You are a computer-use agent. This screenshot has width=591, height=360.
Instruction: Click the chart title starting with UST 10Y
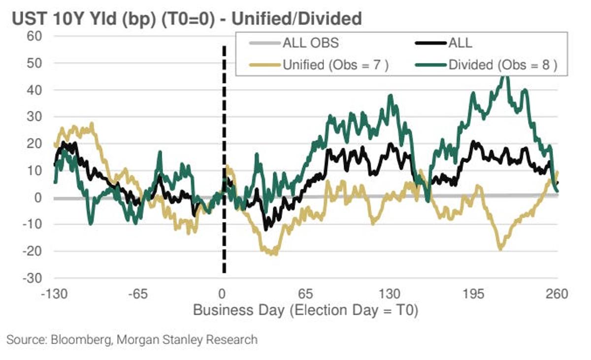187,19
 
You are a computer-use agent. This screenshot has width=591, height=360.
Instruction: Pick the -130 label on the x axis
54,295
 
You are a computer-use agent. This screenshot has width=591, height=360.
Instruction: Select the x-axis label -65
137,295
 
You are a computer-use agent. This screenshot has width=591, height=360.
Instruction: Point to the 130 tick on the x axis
390,295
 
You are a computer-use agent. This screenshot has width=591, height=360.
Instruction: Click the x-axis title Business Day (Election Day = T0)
305,311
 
